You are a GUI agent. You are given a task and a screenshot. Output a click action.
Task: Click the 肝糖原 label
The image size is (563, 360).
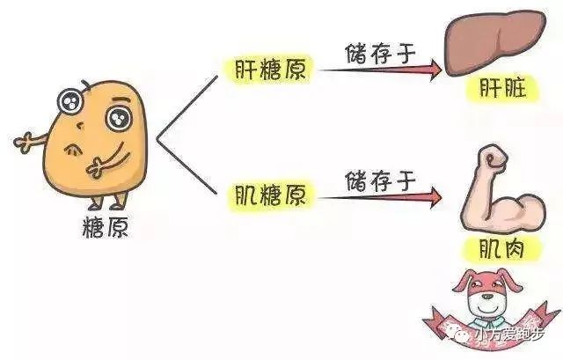click(270, 69)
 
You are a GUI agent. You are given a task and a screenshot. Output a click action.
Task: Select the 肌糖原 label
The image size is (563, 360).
click(270, 195)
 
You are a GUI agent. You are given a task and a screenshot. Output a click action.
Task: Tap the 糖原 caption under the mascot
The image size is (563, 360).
click(106, 227)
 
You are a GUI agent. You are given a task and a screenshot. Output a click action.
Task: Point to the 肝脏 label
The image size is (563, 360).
click(502, 88)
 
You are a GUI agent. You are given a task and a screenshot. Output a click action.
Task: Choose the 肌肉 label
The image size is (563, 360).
click(501, 248)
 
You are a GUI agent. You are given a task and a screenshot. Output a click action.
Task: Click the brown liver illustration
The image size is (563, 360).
click(495, 41)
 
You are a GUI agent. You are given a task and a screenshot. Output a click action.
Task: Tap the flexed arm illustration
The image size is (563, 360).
click(502, 189)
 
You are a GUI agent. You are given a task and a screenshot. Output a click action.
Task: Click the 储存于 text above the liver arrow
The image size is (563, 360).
click(381, 53)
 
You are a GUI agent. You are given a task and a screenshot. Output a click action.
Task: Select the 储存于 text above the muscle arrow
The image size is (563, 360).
click(381, 180)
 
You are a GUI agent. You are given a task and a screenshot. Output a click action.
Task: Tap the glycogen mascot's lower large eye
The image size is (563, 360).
click(119, 119)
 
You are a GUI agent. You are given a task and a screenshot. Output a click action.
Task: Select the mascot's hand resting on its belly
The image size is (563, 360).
click(97, 168)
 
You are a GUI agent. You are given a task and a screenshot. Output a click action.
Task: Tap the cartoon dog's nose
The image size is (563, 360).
click(486, 297)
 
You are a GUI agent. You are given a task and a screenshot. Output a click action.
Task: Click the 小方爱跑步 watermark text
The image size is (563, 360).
click(509, 334)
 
